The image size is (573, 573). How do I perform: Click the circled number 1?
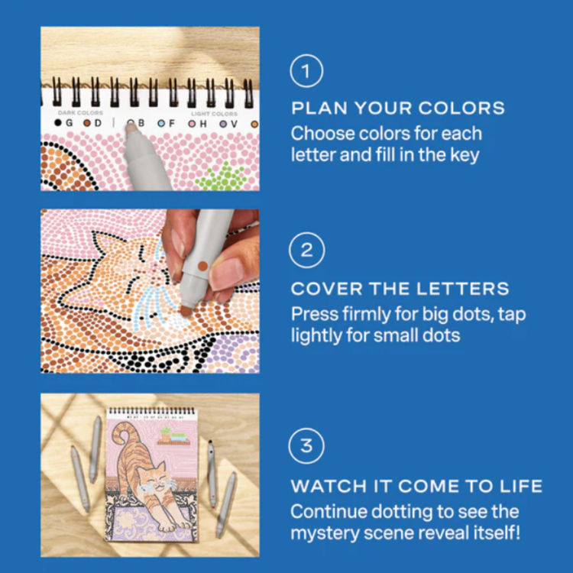pyautogui.click(x=306, y=71)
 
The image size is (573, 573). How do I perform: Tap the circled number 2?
pyautogui.click(x=306, y=251)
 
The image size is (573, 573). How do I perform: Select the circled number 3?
pyautogui.click(x=306, y=446)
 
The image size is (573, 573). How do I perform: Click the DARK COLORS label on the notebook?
pyautogui.click(x=80, y=113)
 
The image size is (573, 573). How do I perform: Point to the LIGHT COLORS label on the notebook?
pyautogui.click(x=214, y=114)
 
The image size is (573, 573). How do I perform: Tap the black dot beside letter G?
pyautogui.click(x=58, y=123)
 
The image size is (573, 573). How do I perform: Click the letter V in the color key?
pyautogui.click(x=234, y=125)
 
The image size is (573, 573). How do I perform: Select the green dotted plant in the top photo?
pyautogui.click(x=220, y=177)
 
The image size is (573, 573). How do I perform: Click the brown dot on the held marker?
pyautogui.click(x=202, y=266)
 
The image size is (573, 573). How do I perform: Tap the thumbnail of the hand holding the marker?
pyautogui.click(x=150, y=291)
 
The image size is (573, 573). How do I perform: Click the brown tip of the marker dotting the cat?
pyautogui.click(x=186, y=311)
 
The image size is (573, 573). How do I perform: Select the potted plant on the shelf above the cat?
pyautogui.click(x=166, y=433)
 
